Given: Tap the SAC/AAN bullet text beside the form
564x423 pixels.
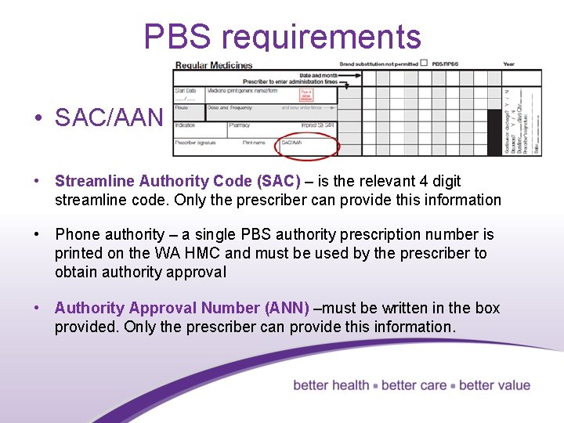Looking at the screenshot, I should [108, 118].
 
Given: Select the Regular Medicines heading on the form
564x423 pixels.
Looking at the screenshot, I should [214, 65].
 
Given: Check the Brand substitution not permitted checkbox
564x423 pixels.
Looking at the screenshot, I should [424, 63].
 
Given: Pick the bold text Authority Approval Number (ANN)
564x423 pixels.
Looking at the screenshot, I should [182, 308].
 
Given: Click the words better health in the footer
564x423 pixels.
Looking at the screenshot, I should [331, 385].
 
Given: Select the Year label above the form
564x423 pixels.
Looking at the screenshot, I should [509, 64].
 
